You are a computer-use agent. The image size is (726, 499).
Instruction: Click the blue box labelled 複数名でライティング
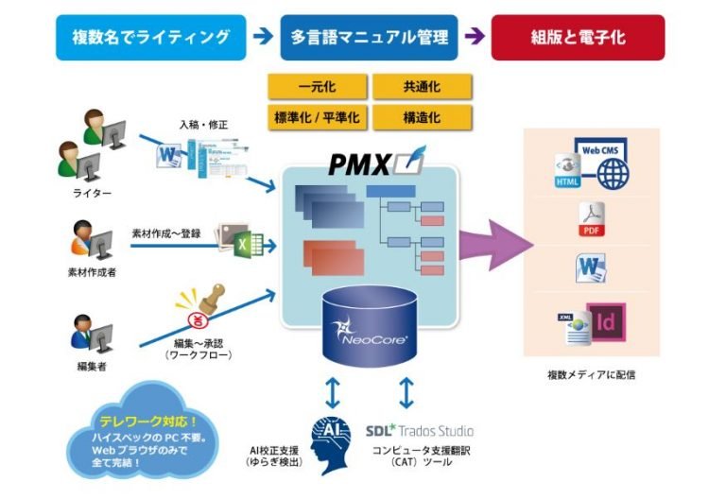point(151,38)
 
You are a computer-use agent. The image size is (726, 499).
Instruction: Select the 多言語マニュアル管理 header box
point(369,38)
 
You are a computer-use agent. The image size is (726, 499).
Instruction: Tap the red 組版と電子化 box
point(578,38)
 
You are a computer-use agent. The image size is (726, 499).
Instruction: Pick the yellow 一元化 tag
point(316,87)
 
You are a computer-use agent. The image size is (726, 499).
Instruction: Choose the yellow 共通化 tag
point(421,87)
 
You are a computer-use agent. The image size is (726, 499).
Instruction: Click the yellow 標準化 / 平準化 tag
point(316,117)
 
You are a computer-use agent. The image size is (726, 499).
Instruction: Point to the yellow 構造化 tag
point(421,117)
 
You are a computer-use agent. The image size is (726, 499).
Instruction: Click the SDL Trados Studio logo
point(420,430)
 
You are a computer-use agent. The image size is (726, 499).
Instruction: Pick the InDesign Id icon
point(606,321)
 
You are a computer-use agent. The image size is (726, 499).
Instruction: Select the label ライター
point(92,193)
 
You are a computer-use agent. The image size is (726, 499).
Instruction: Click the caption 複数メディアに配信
point(591,374)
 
